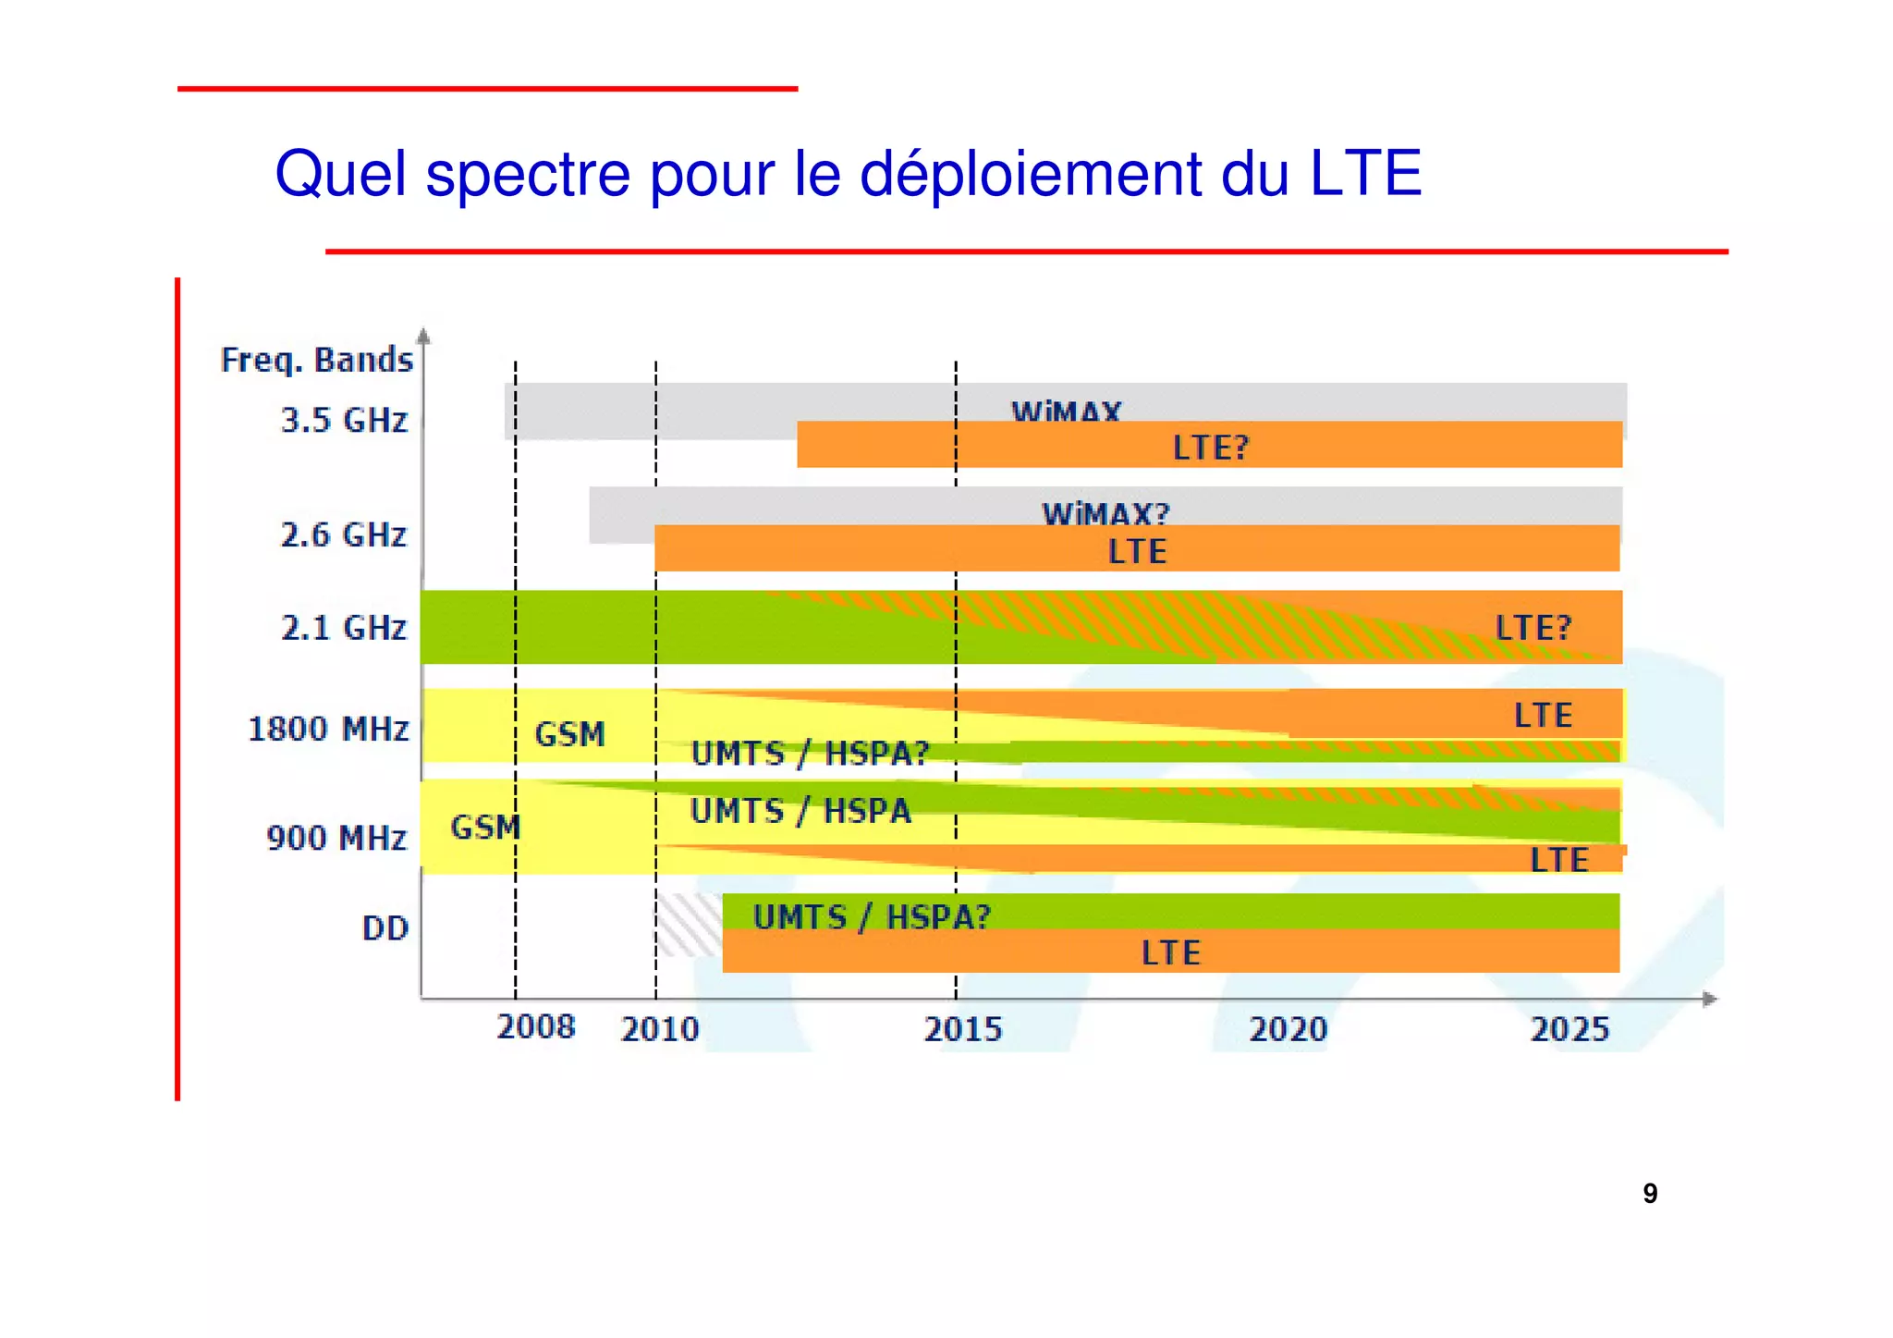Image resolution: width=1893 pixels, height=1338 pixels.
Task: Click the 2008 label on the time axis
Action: [535, 1026]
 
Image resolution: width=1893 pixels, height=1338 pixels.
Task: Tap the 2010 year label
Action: [659, 1029]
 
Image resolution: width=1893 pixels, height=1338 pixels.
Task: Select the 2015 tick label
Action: [962, 1029]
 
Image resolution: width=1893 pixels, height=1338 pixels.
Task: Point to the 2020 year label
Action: [1288, 1029]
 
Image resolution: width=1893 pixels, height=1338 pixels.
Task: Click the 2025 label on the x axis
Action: [1569, 1029]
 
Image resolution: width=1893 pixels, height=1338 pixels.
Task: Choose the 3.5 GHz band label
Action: [344, 421]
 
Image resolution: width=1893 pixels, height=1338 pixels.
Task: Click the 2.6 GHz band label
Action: [343, 534]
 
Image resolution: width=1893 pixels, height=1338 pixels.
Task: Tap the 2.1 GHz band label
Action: [343, 628]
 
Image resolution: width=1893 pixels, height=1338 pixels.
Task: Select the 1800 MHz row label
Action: [328, 729]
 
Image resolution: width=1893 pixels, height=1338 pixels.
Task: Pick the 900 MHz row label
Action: [336, 838]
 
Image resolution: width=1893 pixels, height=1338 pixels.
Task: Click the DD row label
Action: [385, 927]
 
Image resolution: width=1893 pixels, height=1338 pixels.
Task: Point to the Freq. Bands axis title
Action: [316, 360]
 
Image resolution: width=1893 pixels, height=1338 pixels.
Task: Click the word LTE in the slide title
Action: [1365, 173]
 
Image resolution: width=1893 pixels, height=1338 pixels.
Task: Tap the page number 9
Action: [1650, 1194]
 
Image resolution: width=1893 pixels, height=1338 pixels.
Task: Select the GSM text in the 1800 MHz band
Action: [569, 734]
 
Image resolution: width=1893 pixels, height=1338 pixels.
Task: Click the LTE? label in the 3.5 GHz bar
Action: [1210, 448]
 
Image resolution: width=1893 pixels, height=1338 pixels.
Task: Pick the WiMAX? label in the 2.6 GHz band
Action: [1105, 513]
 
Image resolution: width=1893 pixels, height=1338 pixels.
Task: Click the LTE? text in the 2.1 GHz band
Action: [1533, 628]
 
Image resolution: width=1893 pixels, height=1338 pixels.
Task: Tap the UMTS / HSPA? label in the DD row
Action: [872, 916]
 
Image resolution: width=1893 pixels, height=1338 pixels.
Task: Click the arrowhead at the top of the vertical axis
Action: [423, 336]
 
